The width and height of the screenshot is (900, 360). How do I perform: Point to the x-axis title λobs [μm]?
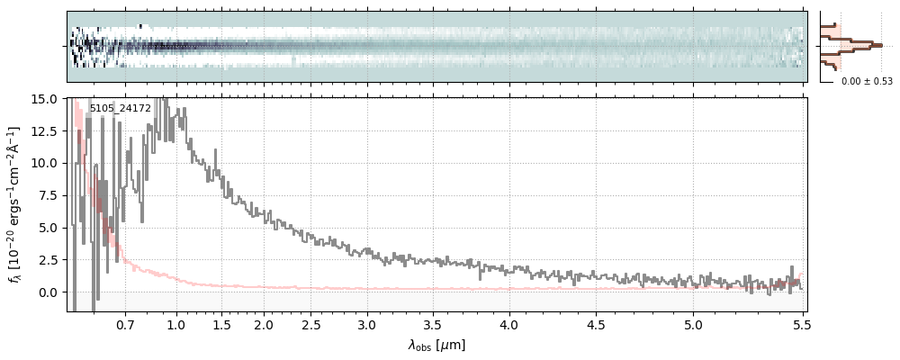tap(436, 345)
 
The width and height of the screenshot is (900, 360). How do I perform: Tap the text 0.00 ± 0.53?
tap(867, 82)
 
